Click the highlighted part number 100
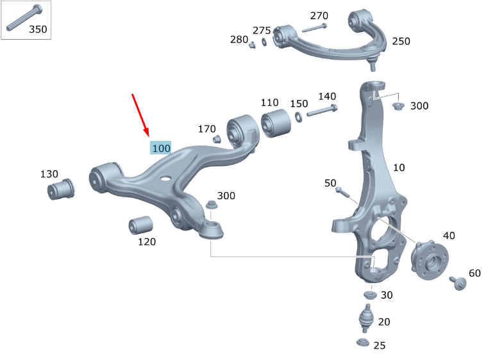pos(161,148)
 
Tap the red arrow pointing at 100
pos(141,115)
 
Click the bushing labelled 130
pos(61,189)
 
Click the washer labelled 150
pos(299,118)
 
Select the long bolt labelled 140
pos(321,110)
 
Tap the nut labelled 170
pos(217,139)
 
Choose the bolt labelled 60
pos(458,282)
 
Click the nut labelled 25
pos(362,343)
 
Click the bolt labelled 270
pos(314,28)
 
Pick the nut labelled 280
pos(253,44)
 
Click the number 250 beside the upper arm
pos(401,41)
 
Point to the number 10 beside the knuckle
pos(399,168)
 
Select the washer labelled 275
pos(263,44)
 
